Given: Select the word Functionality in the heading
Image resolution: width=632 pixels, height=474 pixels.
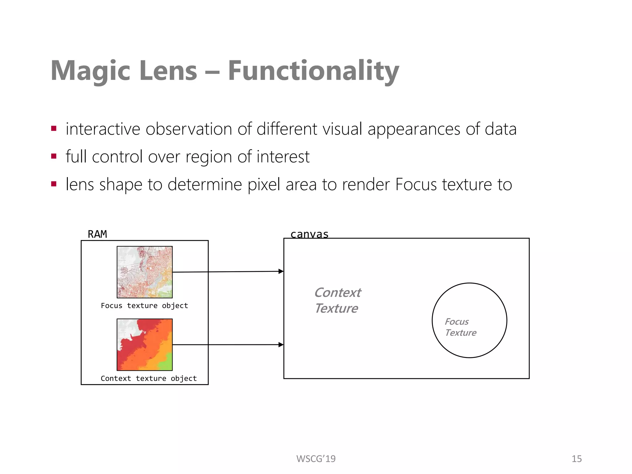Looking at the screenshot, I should pos(313,71).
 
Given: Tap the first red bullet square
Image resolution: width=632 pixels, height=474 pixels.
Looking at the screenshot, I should pos(54,128).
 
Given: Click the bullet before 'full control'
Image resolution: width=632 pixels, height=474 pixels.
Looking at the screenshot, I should pos(54,156).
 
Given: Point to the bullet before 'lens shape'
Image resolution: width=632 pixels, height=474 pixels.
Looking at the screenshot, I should pos(54,184).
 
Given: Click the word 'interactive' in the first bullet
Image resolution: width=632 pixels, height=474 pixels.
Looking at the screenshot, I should pos(103,129).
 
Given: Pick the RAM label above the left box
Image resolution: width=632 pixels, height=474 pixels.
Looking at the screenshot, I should pos(97,234).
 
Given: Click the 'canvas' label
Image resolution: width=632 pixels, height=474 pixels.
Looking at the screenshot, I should pos(309,234).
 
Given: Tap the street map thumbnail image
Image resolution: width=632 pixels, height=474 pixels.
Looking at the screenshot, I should pos(144,272).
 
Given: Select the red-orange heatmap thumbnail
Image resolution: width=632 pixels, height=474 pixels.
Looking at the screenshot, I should pos(144,344).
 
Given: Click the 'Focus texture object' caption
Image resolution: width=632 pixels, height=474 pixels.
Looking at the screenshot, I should pos(144,306).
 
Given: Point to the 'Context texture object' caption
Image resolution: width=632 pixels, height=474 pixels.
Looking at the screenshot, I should pos(148,378).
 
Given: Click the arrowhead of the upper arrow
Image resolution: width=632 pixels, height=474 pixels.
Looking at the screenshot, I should pos(281,271).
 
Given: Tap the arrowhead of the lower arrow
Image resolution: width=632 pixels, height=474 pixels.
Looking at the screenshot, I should pos(281,344).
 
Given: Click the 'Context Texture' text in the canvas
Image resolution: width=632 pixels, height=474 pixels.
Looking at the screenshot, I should pos(337,300).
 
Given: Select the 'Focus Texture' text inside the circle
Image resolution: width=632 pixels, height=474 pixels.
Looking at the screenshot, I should pos(460,327).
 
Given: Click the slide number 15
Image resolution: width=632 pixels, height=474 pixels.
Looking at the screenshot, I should pos(576,459).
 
